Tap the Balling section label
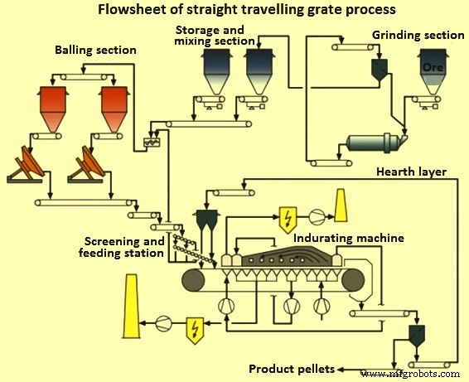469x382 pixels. click(x=95, y=51)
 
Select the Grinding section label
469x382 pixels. click(x=418, y=36)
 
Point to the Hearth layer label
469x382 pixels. click(x=411, y=172)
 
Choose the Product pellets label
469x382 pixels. click(x=293, y=368)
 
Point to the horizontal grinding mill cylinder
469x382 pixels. click(x=374, y=143)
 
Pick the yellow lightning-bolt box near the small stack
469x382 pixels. click(x=288, y=216)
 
